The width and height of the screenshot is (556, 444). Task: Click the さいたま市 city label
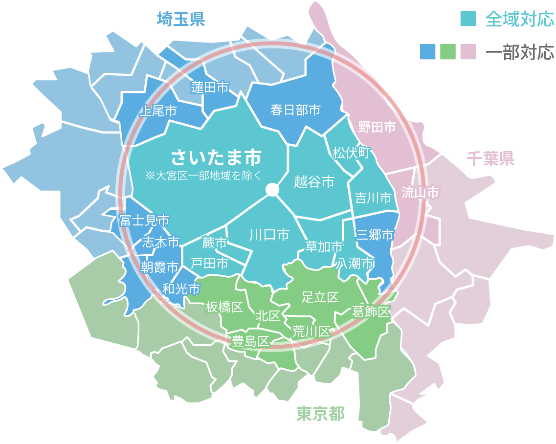216,157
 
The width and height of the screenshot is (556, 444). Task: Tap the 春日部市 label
295,110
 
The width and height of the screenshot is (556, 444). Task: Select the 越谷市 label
314,182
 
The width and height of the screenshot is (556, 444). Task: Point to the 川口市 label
269,235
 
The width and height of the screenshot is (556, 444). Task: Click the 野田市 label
377,127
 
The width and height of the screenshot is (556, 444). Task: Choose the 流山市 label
420,193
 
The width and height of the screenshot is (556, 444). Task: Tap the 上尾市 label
158,111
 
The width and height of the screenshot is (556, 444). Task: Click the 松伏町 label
351,153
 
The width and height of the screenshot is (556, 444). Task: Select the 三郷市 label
375,235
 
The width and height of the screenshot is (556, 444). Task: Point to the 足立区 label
320,297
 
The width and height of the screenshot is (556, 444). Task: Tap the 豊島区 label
251,341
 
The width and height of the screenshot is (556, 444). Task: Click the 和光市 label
181,289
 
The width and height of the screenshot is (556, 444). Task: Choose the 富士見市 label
144,221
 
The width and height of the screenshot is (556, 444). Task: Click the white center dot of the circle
272,190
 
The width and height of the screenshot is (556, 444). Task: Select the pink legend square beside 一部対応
468,51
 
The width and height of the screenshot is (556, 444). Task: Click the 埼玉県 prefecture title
180,20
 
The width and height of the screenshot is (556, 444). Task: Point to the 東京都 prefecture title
320,414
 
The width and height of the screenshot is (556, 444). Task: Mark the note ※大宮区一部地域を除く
204,176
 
